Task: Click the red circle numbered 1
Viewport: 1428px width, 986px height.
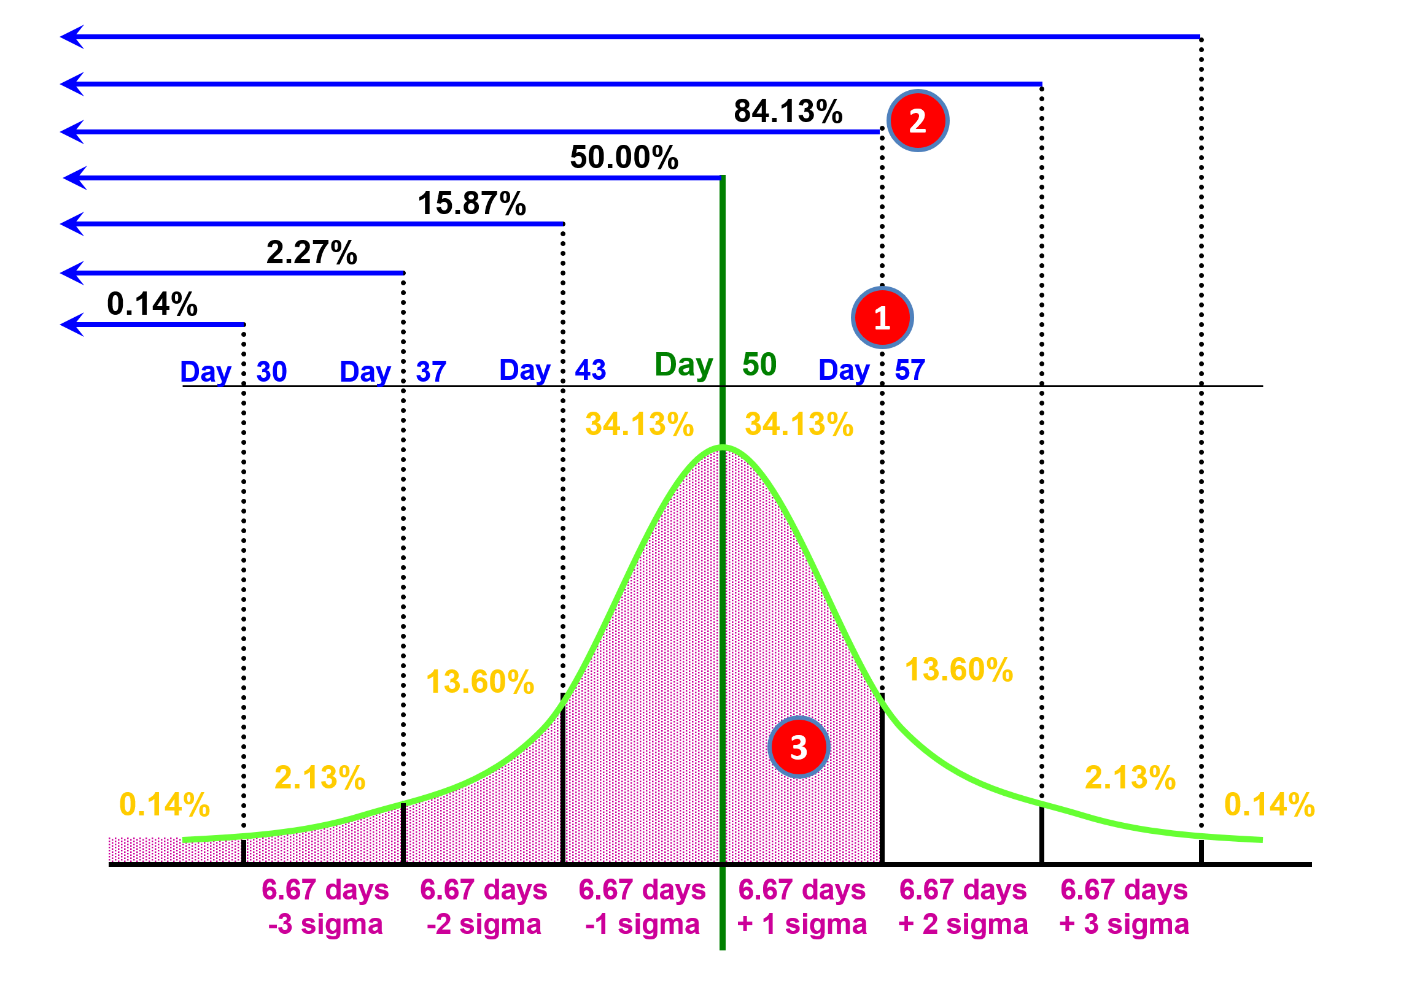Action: click(882, 318)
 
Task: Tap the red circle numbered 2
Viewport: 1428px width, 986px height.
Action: click(917, 120)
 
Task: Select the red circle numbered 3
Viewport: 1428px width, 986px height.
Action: click(798, 747)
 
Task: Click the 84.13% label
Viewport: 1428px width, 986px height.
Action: click(788, 112)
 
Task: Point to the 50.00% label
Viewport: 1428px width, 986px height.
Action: click(624, 157)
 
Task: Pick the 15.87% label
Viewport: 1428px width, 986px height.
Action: click(471, 203)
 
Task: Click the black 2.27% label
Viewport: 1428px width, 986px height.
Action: click(311, 252)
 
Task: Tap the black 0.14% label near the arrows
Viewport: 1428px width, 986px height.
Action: click(152, 304)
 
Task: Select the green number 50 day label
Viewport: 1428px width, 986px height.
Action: click(759, 364)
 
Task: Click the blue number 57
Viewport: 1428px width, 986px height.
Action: click(910, 370)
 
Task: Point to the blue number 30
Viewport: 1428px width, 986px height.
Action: click(271, 372)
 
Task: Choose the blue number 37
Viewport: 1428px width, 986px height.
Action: click(431, 372)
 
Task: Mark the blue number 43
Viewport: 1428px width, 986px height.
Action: click(591, 370)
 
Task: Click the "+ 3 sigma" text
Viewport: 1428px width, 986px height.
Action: click(1124, 924)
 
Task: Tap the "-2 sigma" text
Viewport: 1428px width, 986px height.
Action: click(483, 924)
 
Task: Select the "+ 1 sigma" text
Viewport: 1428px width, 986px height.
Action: click(802, 924)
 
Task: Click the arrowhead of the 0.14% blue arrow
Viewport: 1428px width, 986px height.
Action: click(71, 325)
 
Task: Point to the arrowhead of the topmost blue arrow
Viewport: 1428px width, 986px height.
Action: click(71, 37)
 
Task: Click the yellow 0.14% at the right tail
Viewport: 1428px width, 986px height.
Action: click(1269, 804)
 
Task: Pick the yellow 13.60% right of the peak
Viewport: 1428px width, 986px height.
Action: click(959, 669)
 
